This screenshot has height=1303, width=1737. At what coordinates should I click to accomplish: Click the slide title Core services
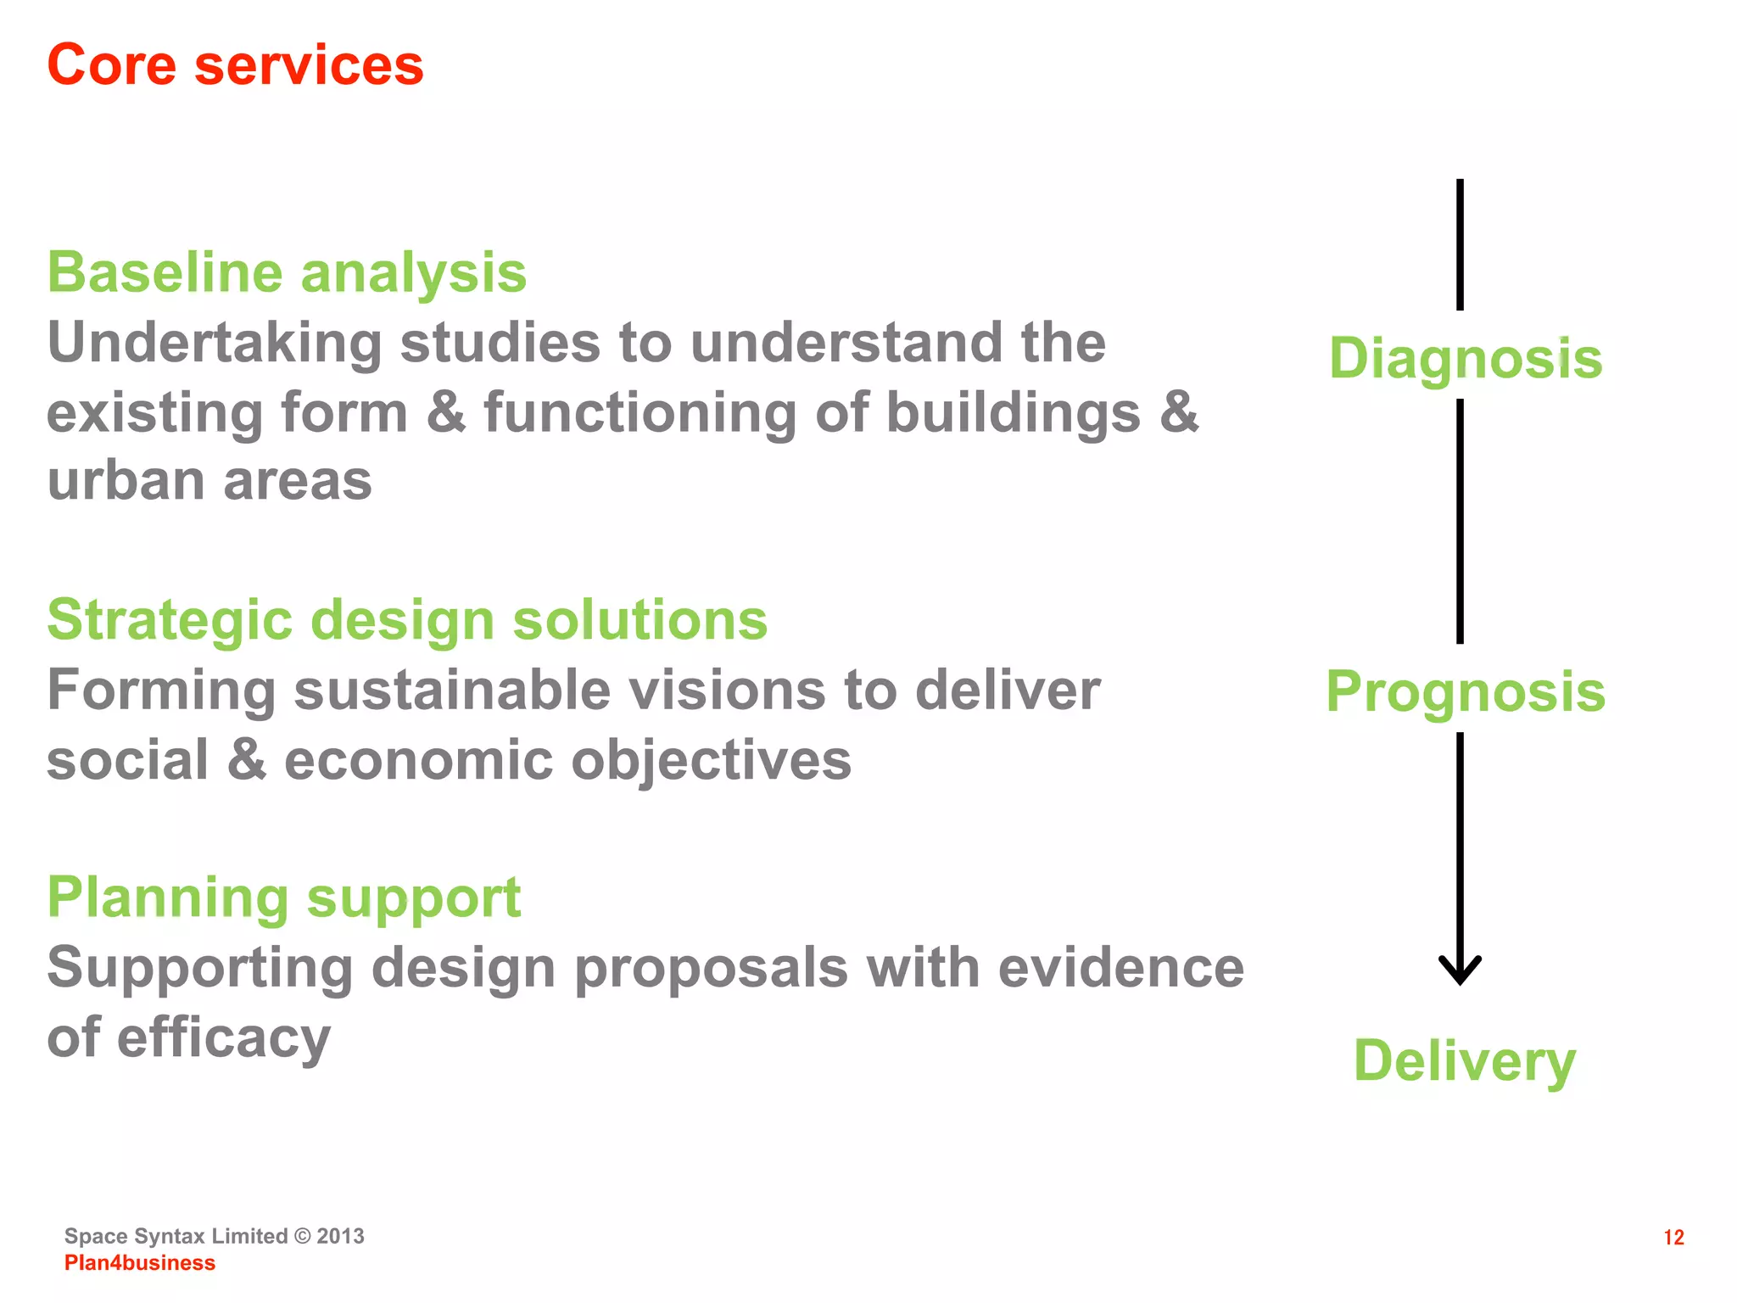coord(235,65)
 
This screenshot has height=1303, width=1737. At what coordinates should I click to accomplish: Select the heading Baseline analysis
coord(287,273)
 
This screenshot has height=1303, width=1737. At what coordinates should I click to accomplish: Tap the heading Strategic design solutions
coord(407,620)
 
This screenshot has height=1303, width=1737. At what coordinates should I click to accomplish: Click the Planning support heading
coord(284,898)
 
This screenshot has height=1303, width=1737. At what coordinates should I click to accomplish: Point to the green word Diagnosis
coord(1465,358)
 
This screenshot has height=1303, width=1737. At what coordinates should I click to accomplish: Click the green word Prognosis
coord(1465,691)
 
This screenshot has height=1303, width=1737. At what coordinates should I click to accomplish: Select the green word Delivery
coord(1465,1060)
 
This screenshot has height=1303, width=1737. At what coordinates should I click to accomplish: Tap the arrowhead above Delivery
coord(1460,971)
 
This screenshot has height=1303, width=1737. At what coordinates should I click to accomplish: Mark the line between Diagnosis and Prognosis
coord(1460,521)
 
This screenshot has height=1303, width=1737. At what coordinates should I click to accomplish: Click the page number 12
coord(1673,1238)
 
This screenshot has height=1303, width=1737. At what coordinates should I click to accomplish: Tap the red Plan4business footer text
coord(140,1263)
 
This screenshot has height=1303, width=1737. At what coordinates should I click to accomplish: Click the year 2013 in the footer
coord(340,1236)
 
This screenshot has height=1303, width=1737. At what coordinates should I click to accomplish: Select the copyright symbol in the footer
coord(303,1236)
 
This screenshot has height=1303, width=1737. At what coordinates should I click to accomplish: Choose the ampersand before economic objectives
coord(247,759)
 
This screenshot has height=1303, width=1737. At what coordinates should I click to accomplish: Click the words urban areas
coord(209,482)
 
